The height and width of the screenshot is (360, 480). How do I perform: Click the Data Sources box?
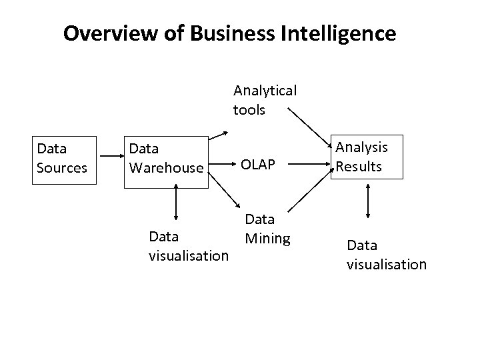(62, 157)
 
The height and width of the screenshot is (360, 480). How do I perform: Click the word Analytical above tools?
(265, 90)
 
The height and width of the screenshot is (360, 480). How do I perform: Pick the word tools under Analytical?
(249, 109)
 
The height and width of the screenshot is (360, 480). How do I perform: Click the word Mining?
(267, 238)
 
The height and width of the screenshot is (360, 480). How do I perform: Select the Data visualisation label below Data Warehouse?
(189, 246)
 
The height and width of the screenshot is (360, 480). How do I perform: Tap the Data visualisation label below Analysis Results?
(386, 255)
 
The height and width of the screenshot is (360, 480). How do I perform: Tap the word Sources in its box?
(62, 167)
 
